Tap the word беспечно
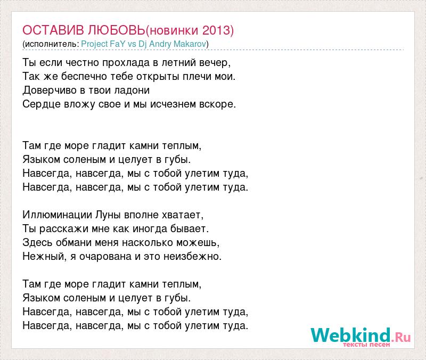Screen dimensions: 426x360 [84, 77]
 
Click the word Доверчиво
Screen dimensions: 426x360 [50, 91]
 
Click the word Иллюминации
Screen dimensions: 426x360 [57, 215]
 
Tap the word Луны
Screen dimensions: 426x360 [108, 215]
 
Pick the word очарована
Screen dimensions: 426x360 [105, 257]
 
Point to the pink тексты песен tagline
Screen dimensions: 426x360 [366, 345]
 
